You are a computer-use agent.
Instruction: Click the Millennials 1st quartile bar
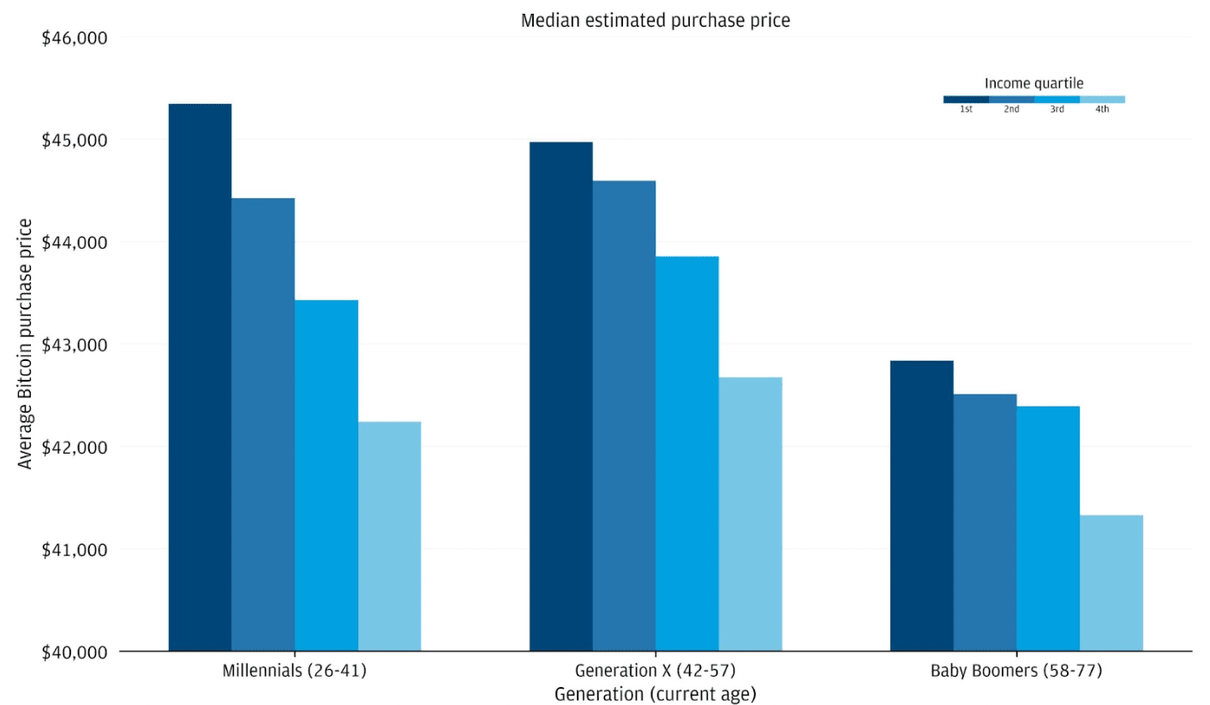(200, 377)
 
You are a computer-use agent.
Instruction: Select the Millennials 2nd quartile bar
(263, 425)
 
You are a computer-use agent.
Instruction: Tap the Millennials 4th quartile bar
(389, 536)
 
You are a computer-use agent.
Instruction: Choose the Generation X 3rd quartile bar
(687, 454)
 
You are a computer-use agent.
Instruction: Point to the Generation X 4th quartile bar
(751, 514)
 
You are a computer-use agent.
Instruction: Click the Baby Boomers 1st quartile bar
(921, 506)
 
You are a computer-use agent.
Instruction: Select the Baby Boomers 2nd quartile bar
(985, 522)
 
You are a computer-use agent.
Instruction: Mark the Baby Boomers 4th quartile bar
(1111, 583)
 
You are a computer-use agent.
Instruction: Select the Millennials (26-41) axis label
(295, 671)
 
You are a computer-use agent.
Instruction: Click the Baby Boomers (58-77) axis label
(1016, 671)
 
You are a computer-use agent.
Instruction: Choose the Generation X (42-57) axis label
(656, 671)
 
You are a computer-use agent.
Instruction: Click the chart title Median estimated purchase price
(656, 21)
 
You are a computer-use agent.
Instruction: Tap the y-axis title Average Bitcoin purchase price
(26, 343)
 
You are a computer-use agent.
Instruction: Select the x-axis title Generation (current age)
(656, 693)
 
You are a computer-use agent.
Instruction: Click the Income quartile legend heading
(1033, 83)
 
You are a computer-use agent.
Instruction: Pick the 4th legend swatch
(1102, 99)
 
